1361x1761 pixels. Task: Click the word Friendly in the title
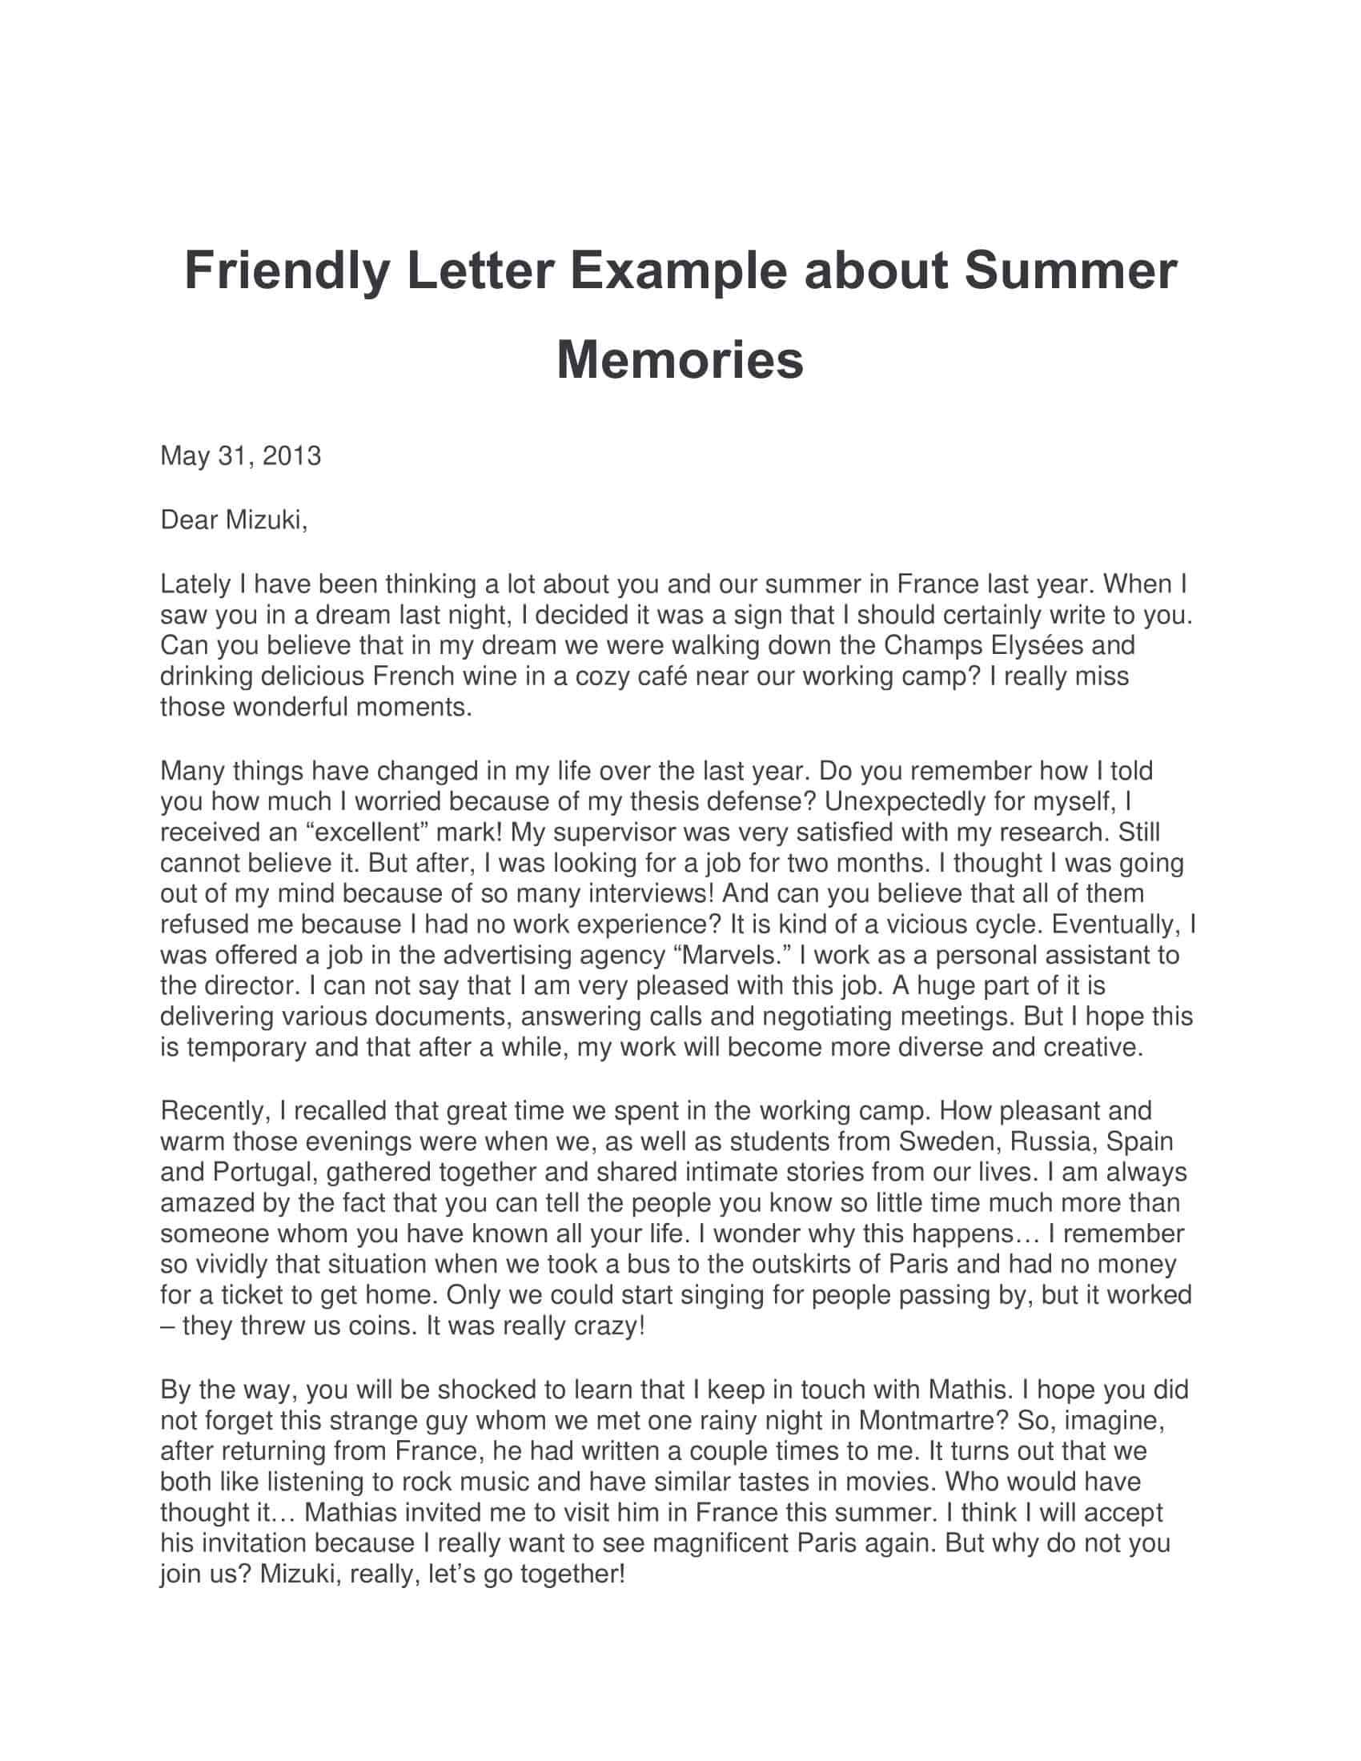(287, 271)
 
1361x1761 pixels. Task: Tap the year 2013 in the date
(291, 456)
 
